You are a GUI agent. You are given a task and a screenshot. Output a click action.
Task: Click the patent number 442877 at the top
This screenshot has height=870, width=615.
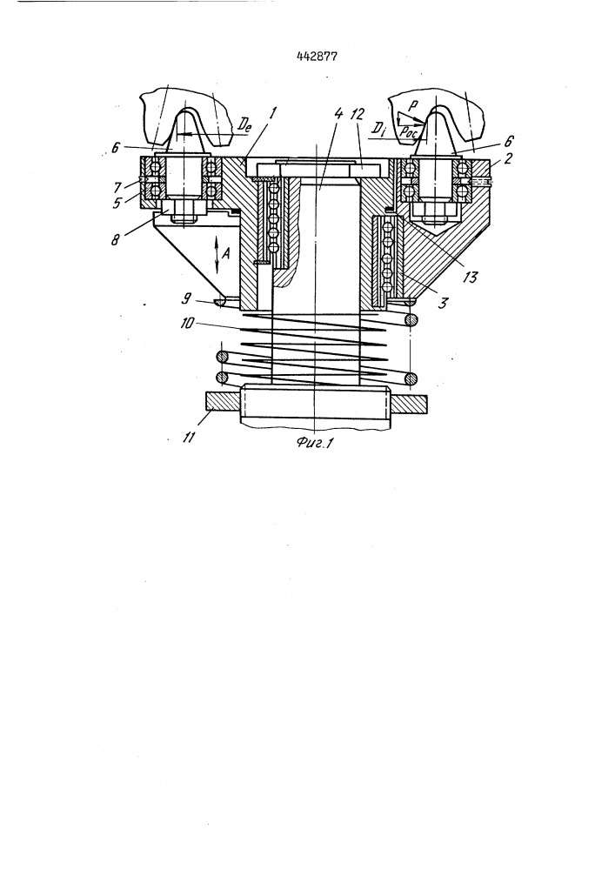click(x=316, y=56)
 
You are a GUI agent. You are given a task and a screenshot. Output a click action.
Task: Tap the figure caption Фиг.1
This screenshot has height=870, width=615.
click(x=314, y=442)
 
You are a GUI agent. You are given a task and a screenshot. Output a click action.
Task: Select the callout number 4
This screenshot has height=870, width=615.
click(x=339, y=114)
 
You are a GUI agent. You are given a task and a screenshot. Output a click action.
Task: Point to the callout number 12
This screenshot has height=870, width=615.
click(x=358, y=114)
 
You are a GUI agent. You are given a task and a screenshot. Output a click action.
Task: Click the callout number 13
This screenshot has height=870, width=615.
click(x=470, y=276)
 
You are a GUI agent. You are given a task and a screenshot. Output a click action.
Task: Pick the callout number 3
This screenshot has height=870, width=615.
click(x=442, y=304)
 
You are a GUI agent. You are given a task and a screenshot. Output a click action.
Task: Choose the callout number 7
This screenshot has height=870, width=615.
click(x=118, y=188)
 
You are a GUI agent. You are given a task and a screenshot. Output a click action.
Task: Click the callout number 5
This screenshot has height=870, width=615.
click(x=118, y=204)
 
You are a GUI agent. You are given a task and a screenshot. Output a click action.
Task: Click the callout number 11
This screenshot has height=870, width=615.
click(x=189, y=438)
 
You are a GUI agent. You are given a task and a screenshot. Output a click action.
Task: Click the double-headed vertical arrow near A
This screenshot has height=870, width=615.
click(x=217, y=254)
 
